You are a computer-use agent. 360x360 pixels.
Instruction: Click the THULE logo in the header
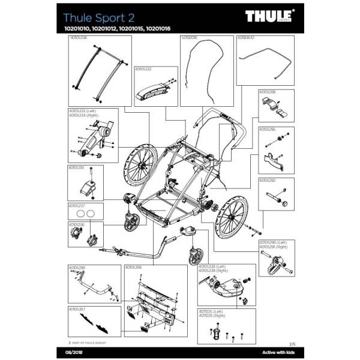click(x=270, y=14)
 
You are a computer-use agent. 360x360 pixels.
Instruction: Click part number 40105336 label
click(x=78, y=37)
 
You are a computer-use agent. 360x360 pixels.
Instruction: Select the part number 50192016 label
click(x=190, y=37)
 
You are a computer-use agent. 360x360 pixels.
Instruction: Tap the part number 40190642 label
click(x=246, y=37)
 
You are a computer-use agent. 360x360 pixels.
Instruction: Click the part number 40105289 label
click(x=267, y=92)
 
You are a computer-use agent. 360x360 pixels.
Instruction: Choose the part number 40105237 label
click(x=77, y=205)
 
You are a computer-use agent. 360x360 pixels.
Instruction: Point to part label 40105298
click(x=77, y=268)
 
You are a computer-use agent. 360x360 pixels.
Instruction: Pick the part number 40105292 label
click(x=267, y=179)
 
